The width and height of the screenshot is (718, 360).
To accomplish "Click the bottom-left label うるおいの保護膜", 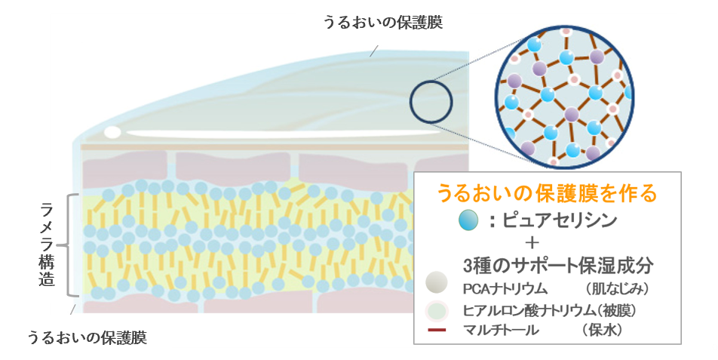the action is [x=87, y=337].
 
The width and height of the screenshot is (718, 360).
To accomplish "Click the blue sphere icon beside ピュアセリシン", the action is [x=468, y=220].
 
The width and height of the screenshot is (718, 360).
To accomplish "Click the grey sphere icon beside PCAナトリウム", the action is [x=437, y=285].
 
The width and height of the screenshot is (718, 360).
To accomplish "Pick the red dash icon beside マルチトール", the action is [x=437, y=331].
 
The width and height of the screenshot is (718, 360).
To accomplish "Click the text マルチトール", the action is [x=502, y=331].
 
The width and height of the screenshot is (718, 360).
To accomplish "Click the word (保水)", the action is [x=605, y=331].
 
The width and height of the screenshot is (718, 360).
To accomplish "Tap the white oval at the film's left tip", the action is [x=112, y=132].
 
